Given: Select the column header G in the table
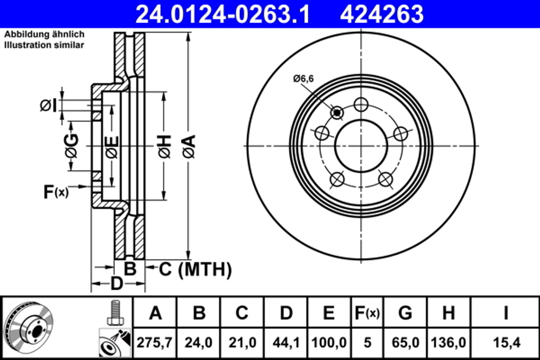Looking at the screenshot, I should [x=406, y=313].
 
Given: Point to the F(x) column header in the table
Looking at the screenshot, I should [x=366, y=313].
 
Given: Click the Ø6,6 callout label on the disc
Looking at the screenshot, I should [x=303, y=79].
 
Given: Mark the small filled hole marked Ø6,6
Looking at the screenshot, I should [x=337, y=112].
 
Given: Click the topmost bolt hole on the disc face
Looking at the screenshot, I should [x=361, y=104].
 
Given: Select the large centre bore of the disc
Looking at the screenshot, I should [x=361, y=146].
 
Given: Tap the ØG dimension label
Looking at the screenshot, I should [x=71, y=146].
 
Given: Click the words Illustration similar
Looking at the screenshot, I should [x=44, y=45].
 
